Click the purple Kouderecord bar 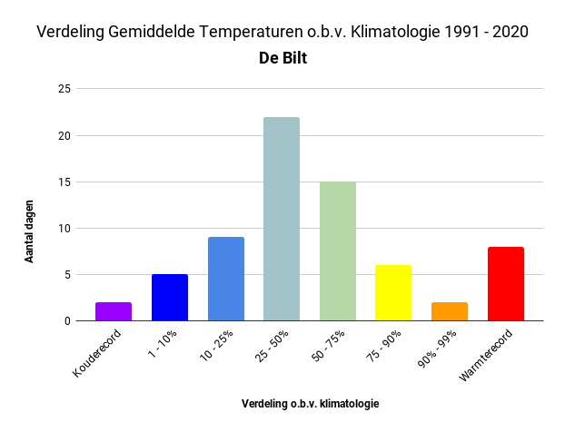coord(114,311)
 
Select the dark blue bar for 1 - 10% coord(170,298)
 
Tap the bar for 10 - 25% coord(226,279)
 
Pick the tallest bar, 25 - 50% coord(282,219)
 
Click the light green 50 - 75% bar coord(338,251)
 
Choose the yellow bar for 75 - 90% coord(393,292)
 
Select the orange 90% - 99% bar coord(450,311)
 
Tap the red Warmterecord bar coord(506,284)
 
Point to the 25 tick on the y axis coord(64,89)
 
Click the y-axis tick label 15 coord(64,182)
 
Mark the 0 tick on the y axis coord(67,320)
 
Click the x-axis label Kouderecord coord(96,353)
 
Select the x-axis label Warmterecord coord(485,355)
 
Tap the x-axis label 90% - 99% coord(437,349)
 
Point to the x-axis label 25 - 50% coord(272,346)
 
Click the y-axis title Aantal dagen coord(29,231)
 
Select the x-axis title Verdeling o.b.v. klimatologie coord(311,404)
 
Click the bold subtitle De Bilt coord(282,58)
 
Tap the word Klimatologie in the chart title coord(395,32)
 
